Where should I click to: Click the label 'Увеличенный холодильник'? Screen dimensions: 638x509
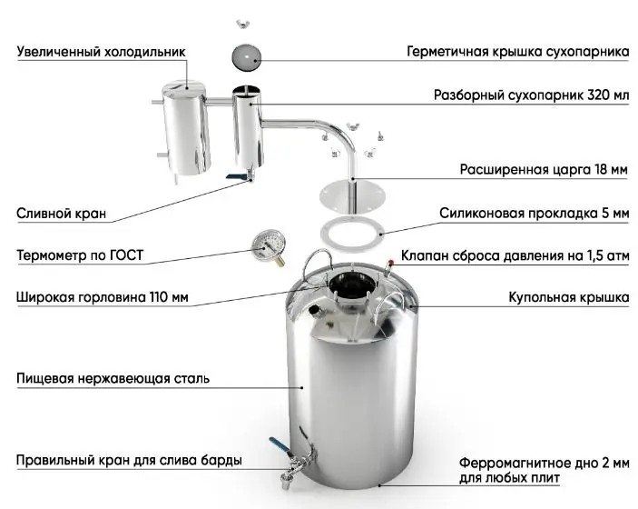101,53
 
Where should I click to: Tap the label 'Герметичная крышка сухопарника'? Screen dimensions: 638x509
517,53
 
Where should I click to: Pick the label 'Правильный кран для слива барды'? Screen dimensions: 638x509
129,460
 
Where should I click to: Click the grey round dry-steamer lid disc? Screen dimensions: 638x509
246,56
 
